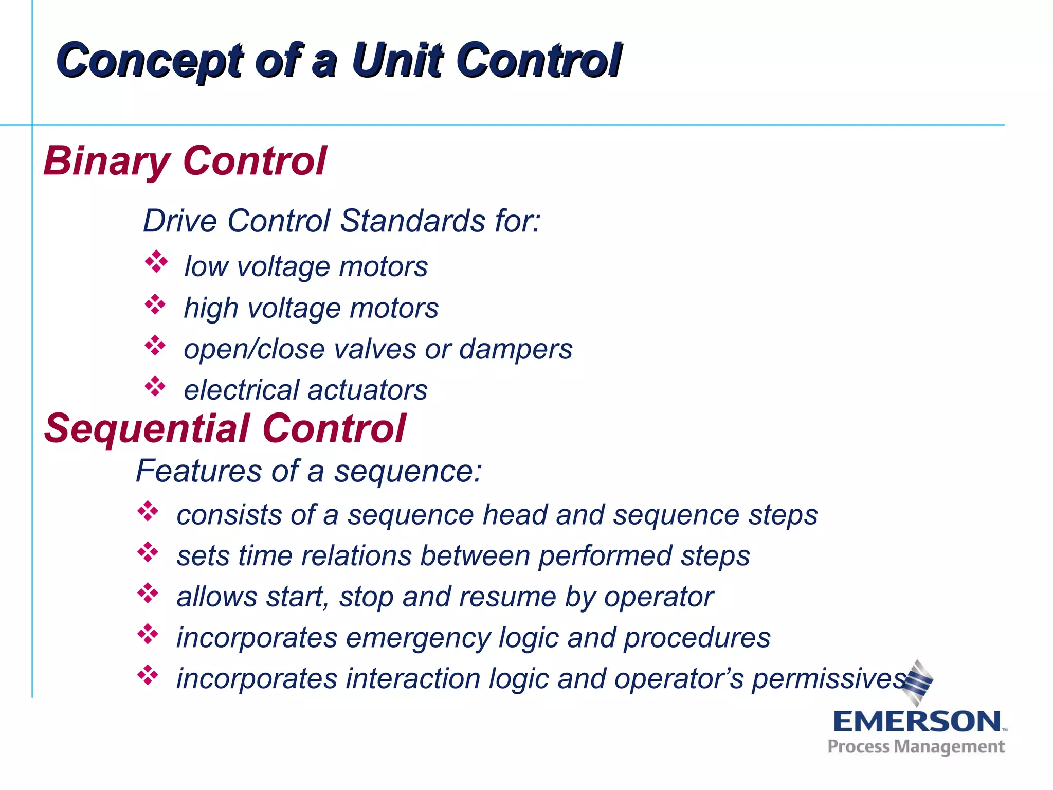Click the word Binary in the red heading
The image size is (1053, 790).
[x=106, y=161]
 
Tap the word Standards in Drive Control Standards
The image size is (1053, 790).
[x=412, y=221]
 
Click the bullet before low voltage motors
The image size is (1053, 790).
[x=156, y=262]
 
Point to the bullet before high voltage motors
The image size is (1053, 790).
[x=155, y=304]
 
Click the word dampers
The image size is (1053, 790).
[x=515, y=350]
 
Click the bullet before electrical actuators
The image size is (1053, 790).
[x=155, y=386]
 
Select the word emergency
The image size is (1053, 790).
[x=418, y=638]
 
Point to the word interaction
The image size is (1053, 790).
[x=413, y=679]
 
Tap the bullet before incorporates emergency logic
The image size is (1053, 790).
[x=148, y=634]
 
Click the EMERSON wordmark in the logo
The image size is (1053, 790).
[x=917, y=722]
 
